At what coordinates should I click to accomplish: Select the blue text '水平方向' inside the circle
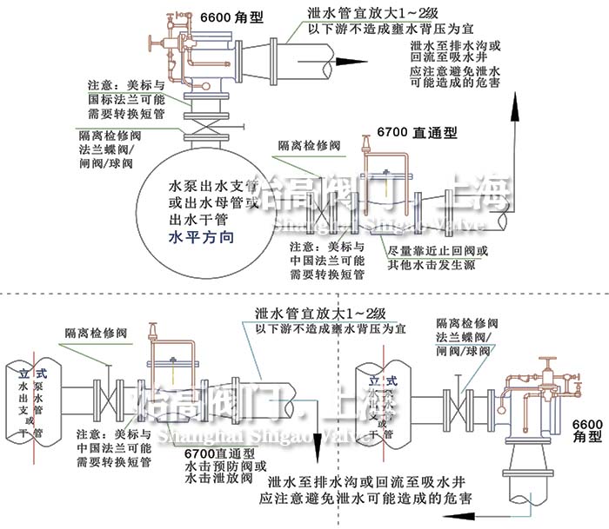click(201, 235)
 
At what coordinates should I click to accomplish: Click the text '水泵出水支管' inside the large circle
click(213, 187)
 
